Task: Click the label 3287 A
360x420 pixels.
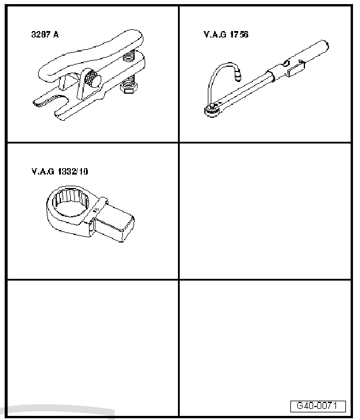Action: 45,35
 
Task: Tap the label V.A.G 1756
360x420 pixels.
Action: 226,35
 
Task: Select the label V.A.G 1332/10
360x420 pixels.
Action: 60,172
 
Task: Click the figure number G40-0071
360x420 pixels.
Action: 318,406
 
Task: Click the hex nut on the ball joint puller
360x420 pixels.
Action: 128,88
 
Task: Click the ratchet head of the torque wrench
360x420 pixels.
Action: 212,110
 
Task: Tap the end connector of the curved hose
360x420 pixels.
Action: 238,74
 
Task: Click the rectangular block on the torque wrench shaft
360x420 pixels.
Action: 296,70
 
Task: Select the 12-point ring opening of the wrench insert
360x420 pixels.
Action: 71,202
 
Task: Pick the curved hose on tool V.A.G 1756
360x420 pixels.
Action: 214,78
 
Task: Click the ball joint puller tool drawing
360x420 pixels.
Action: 89,75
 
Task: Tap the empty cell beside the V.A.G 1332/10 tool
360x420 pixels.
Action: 265,211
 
